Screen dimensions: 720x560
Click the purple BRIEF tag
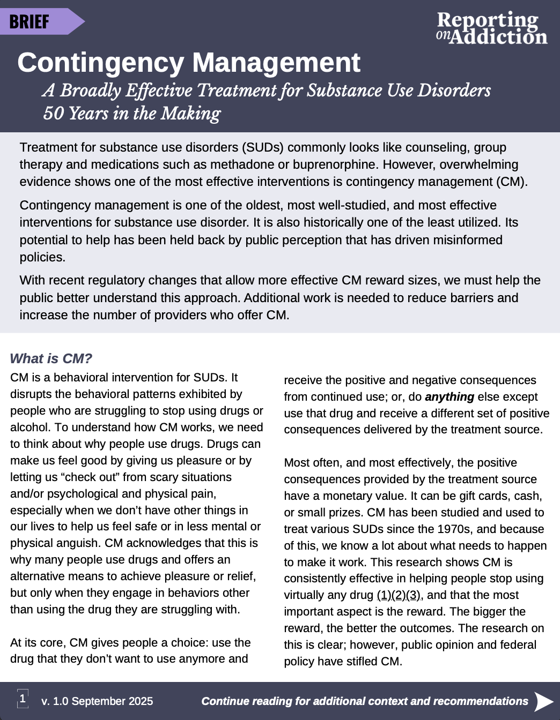[32, 21]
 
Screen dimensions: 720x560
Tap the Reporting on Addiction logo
[491, 28]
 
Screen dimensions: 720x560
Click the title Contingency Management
[189, 63]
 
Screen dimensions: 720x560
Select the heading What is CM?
[51, 358]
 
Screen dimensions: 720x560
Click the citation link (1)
[384, 595]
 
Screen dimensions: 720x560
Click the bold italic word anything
[449, 397]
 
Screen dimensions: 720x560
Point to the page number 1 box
[23, 699]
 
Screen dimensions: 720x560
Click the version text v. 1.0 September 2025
[97, 701]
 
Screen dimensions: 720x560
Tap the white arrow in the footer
[544, 701]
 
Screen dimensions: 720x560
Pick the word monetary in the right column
[355, 496]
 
